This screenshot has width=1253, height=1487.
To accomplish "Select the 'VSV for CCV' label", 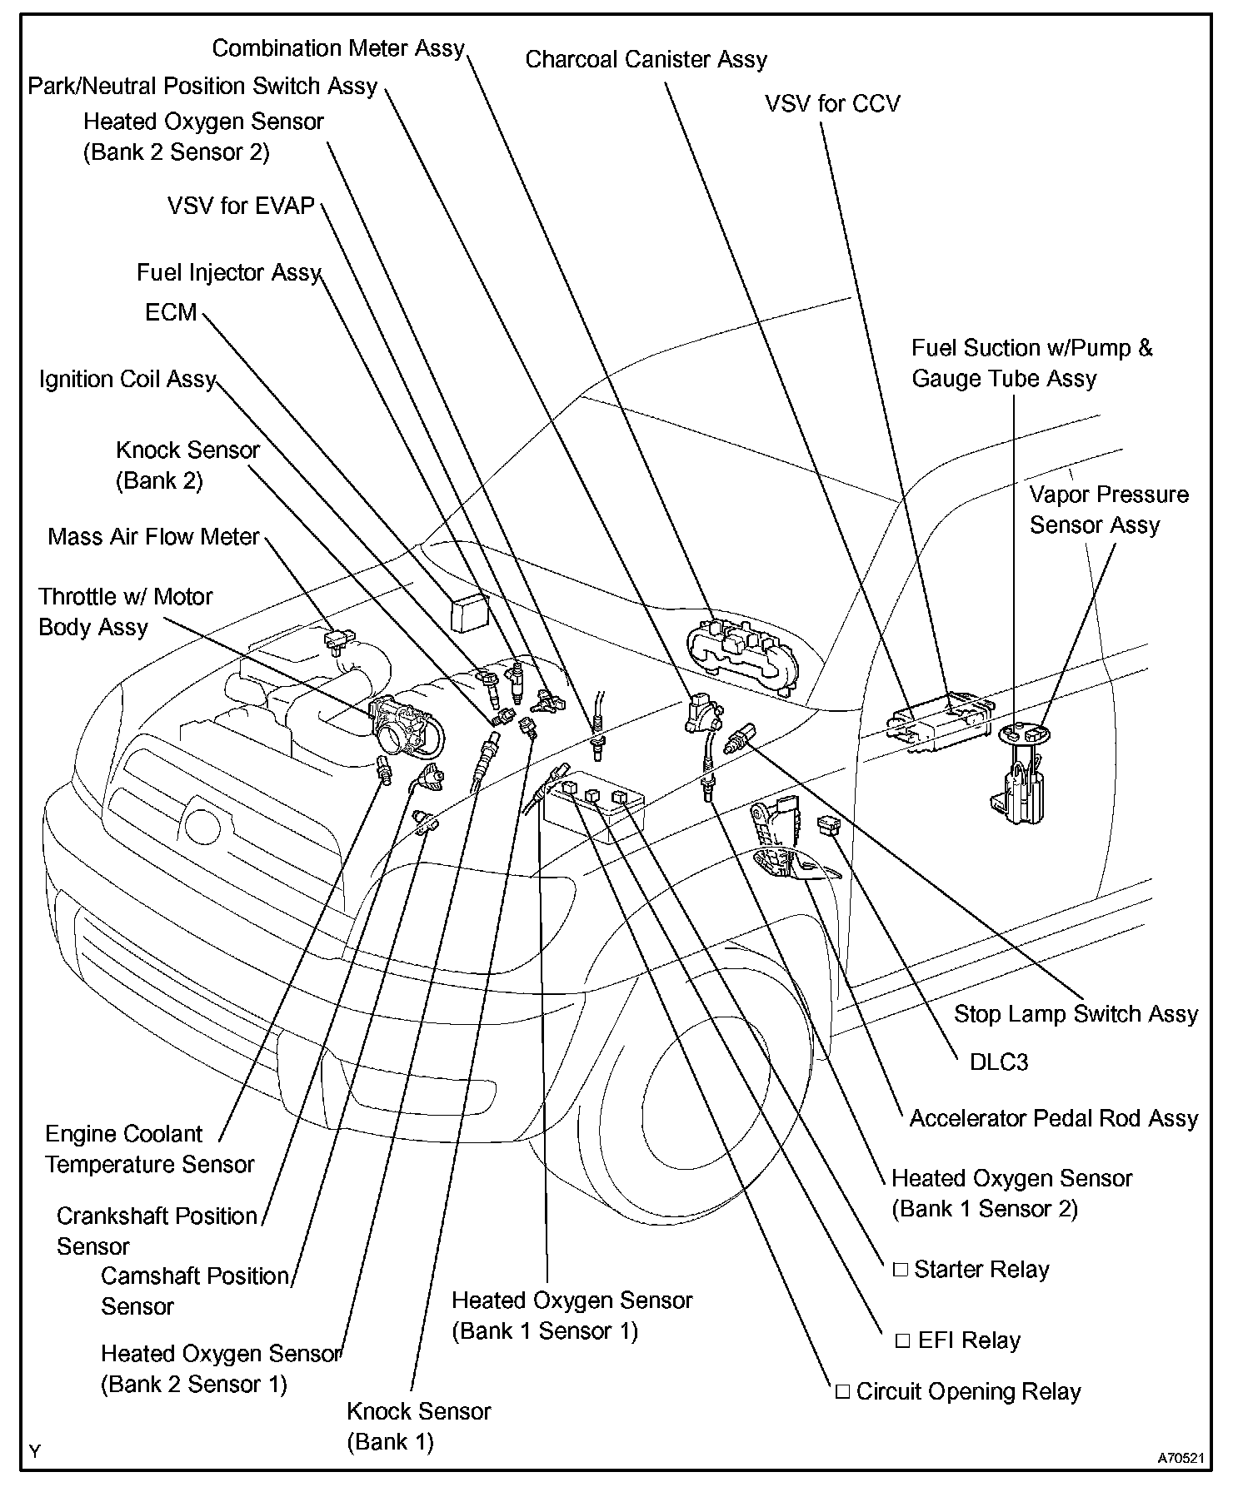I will click(x=832, y=104).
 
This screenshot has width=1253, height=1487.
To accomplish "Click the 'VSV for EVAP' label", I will click(x=241, y=206).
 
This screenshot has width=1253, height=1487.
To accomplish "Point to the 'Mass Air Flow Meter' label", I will click(x=154, y=536).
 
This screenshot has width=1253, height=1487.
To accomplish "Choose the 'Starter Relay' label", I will click(x=981, y=1270).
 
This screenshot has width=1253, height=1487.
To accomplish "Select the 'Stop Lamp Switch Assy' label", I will click(x=1076, y=1014).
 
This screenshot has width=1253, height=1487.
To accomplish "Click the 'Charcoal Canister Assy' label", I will click(x=646, y=60).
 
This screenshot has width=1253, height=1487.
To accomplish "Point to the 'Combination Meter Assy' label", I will click(x=338, y=48).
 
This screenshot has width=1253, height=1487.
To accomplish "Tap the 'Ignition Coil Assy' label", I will click(x=127, y=380).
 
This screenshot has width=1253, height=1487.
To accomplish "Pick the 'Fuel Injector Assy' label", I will click(x=228, y=273).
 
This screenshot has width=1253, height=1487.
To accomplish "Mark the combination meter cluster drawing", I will click(x=741, y=650).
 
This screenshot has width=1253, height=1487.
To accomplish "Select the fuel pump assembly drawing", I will click(x=1021, y=774).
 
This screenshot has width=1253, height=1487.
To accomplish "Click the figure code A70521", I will click(x=1181, y=1458).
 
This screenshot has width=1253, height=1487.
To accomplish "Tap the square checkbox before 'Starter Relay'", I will click(x=900, y=1270).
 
